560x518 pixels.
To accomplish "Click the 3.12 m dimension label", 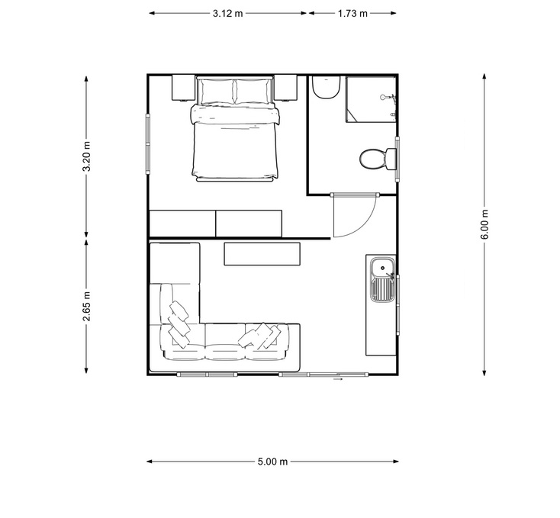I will point(228,14).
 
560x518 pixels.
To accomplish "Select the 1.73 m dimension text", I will point(352,14).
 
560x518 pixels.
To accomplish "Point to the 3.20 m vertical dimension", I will point(87,156).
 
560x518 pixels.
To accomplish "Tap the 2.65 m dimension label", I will point(87,305).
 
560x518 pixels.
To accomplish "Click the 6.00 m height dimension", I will point(484,224).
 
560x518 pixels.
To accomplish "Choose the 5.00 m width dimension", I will point(272,462).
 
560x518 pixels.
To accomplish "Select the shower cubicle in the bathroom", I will point(371,98).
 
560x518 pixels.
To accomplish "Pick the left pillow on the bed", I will point(216,92).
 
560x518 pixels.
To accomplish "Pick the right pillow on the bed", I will point(253,92).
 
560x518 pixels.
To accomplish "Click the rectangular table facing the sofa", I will point(262,253).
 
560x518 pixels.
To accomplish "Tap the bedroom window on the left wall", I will point(148,139).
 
